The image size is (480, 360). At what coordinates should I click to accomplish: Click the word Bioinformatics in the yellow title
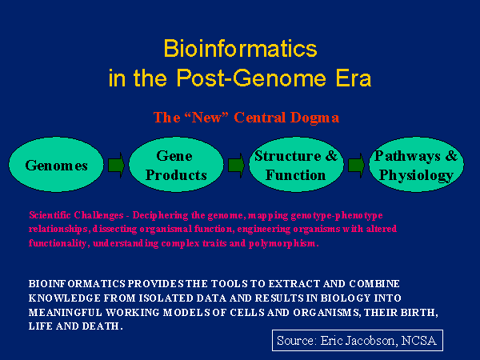click(240, 49)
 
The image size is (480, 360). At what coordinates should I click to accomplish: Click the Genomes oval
click(56, 166)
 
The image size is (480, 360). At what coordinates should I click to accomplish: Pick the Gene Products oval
click(176, 166)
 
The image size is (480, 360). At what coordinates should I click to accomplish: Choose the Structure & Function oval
click(296, 166)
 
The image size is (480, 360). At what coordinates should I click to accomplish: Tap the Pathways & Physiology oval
click(416, 166)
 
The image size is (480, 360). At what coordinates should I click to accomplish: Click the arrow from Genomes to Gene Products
click(117, 166)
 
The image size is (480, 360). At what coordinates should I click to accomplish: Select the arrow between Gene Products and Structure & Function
click(236, 166)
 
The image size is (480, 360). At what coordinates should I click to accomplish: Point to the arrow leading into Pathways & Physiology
click(356, 166)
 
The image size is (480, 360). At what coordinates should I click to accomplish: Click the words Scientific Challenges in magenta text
click(67, 216)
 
